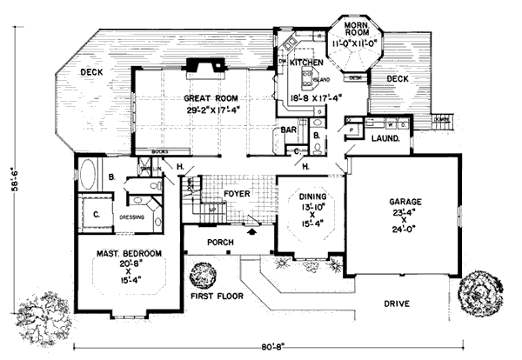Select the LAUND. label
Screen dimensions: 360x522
click(385, 137)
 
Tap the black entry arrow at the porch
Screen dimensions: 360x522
click(252, 233)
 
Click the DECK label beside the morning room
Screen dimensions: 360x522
click(396, 79)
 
